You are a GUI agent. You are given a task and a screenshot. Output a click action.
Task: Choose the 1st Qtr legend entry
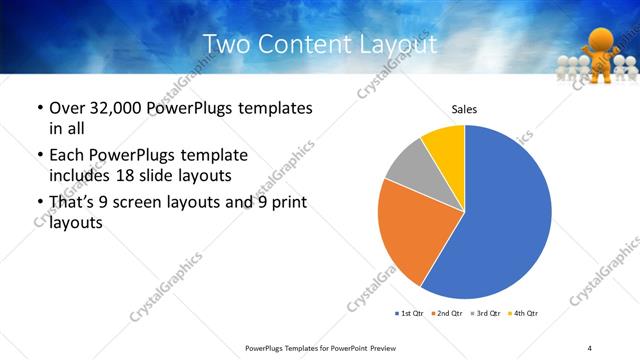point(410,314)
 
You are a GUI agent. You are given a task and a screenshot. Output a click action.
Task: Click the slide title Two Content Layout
point(319,44)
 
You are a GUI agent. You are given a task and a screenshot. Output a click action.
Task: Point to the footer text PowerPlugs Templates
point(290,347)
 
